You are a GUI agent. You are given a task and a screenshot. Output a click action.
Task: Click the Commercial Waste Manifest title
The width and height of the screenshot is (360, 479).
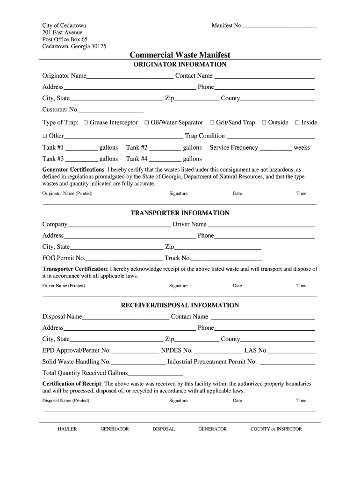180,55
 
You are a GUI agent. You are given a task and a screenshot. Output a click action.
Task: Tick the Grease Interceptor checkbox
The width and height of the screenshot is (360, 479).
86,123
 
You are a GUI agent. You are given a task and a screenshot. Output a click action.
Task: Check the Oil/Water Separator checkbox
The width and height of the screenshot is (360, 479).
147,123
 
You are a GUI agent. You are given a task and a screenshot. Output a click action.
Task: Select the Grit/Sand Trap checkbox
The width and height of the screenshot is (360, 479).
212,123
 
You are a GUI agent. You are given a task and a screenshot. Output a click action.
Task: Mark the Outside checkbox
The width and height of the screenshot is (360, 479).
264,123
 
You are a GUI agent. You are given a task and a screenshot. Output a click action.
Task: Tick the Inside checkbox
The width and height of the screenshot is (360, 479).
297,123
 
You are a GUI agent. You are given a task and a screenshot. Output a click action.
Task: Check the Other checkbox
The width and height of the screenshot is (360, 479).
45,136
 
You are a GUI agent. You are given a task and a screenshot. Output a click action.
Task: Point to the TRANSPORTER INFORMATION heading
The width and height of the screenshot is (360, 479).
180,213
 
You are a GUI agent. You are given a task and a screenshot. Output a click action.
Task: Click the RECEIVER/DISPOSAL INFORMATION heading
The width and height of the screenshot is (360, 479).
180,305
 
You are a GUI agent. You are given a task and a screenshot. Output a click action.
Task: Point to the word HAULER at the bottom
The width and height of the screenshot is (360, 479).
67,429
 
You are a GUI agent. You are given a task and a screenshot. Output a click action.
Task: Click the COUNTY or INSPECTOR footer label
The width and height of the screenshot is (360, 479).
276,429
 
